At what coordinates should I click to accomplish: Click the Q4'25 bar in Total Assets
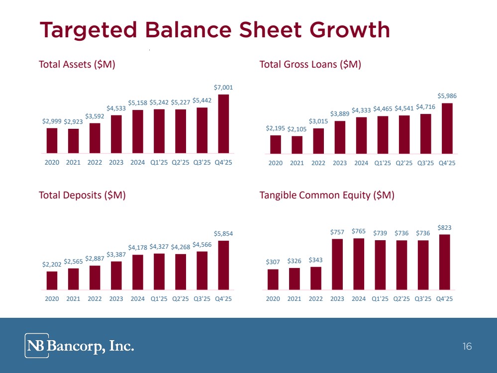tap(223, 124)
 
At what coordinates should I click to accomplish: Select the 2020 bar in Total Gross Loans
tap(276, 145)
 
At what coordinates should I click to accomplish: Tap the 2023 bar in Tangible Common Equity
tap(337, 264)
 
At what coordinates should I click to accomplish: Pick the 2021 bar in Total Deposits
tap(73, 279)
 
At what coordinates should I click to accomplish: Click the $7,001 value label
tap(223, 87)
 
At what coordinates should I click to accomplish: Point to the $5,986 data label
tap(447, 95)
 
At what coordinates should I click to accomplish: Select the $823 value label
tap(444, 228)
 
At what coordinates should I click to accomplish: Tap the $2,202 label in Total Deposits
tap(52, 264)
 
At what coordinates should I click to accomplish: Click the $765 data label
tap(359, 231)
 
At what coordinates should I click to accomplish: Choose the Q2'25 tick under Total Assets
tap(181, 162)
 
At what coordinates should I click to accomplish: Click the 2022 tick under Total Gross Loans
tap(318, 163)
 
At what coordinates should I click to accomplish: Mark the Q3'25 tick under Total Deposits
tap(202, 299)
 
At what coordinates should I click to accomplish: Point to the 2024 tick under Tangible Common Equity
tap(359, 299)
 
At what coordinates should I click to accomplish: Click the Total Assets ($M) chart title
tap(77, 64)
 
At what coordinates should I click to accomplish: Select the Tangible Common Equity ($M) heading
tap(327, 195)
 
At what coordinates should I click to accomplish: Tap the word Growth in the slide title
tap(350, 30)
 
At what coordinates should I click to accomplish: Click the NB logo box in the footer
tap(37, 346)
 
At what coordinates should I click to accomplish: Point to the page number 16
tap(467, 346)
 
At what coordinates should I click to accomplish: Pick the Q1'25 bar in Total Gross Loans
tap(383, 135)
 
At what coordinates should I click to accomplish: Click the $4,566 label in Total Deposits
tap(202, 245)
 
